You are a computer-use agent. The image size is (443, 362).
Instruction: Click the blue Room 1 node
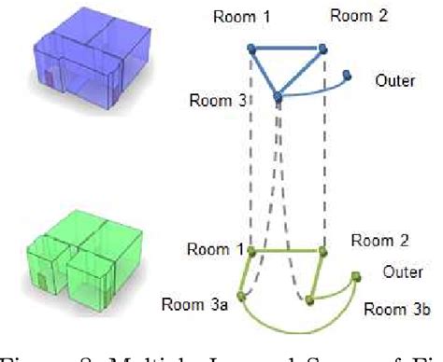click(x=250, y=48)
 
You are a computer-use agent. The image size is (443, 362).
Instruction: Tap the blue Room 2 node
click(x=322, y=48)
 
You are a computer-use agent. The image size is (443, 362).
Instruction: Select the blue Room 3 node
click(x=278, y=96)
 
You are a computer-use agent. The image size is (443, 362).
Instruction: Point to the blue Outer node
click(x=348, y=75)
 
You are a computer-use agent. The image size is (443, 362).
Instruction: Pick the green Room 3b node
click(x=309, y=299)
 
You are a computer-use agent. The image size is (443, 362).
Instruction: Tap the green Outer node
click(x=355, y=275)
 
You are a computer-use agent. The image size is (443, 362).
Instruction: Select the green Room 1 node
click(x=251, y=251)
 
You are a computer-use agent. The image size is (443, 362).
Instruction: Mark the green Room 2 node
click(x=322, y=251)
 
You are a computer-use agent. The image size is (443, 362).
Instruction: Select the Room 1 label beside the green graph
click(x=215, y=249)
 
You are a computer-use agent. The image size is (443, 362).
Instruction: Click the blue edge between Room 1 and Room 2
click(x=286, y=48)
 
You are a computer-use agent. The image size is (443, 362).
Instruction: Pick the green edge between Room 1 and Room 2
click(x=287, y=251)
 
